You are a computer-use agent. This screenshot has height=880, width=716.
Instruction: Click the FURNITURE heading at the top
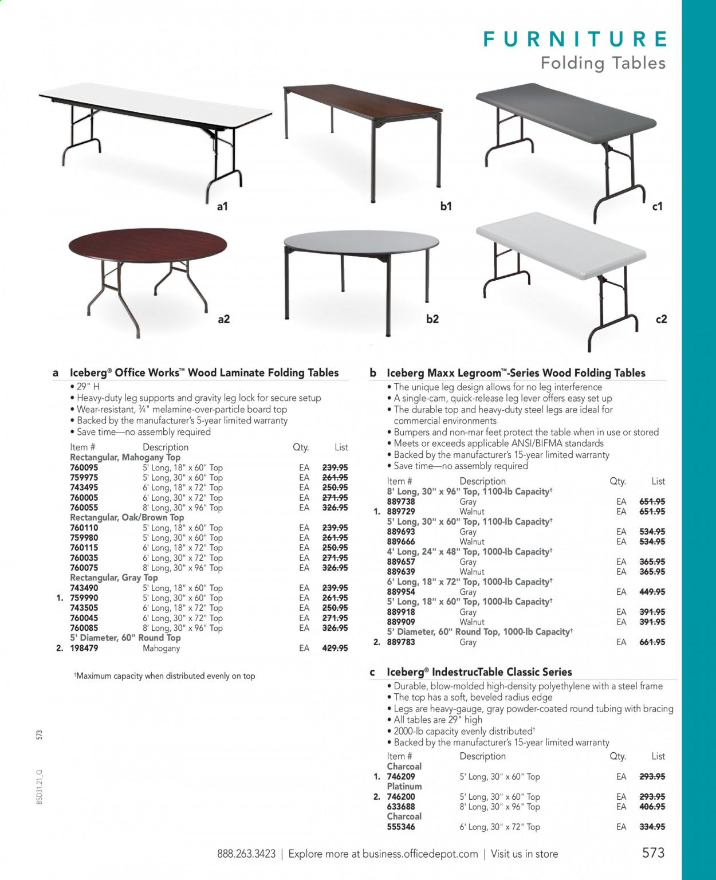click(x=575, y=40)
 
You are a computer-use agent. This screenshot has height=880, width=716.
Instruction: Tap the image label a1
click(x=222, y=206)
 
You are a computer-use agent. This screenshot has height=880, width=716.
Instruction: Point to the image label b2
click(x=432, y=319)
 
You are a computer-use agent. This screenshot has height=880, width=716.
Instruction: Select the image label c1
click(x=657, y=206)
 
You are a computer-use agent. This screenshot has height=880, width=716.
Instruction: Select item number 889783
click(x=401, y=642)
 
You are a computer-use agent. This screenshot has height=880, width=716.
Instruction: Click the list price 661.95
click(x=652, y=642)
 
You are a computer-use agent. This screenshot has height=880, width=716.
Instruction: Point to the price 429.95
click(x=335, y=648)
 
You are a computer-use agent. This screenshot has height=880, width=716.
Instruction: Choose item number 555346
click(x=401, y=827)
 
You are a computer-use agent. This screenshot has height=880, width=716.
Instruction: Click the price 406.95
click(x=652, y=807)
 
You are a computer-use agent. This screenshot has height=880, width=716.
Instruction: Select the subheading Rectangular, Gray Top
click(x=113, y=577)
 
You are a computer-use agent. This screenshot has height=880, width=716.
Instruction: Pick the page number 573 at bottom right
click(x=653, y=852)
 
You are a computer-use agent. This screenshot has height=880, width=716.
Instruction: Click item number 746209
click(x=401, y=776)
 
